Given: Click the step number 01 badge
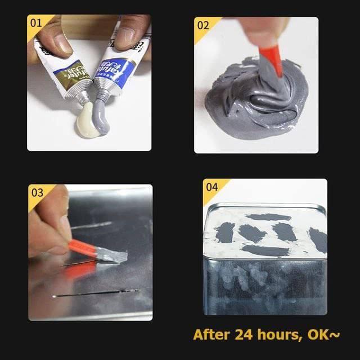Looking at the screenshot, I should pyautogui.click(x=36, y=24).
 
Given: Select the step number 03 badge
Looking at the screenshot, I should pyautogui.click(x=37, y=192).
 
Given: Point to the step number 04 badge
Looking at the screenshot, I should pyautogui.click(x=211, y=187).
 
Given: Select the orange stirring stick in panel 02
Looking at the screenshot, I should pyautogui.click(x=272, y=58).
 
